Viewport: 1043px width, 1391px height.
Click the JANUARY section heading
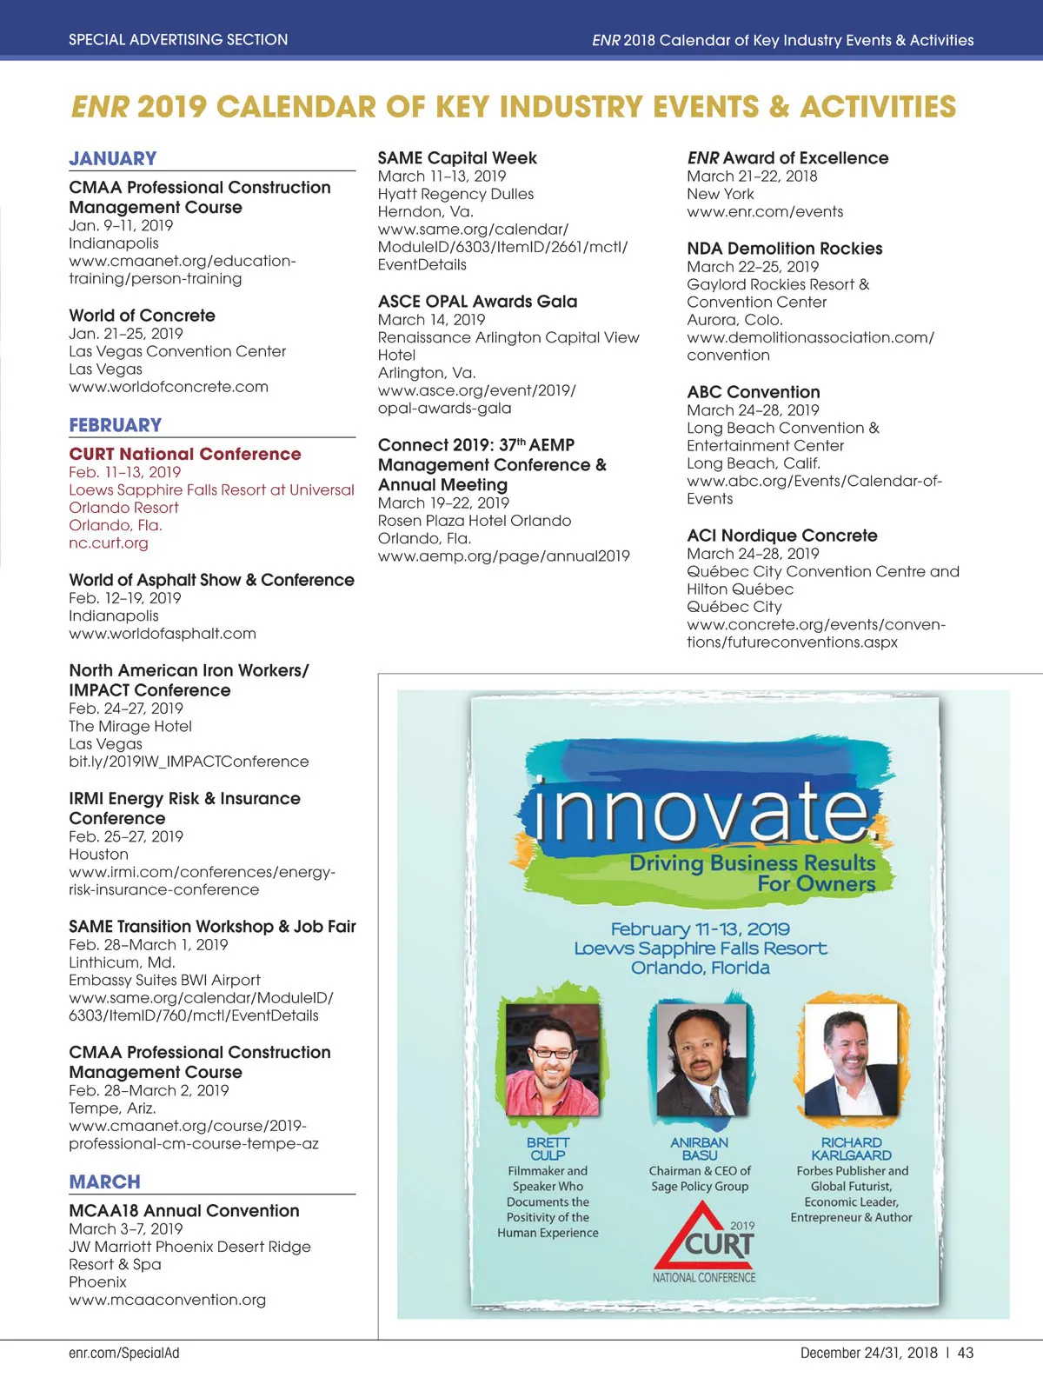coord(113,158)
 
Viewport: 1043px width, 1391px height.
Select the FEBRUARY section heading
coord(116,425)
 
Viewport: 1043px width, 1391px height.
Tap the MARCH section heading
coord(104,1182)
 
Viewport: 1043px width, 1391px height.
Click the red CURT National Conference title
coord(185,454)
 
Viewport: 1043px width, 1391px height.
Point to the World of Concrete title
coord(142,316)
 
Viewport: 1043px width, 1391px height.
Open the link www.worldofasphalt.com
coord(163,634)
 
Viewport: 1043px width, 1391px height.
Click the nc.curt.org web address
coord(109,543)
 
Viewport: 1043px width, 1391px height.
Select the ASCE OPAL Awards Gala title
coord(477,302)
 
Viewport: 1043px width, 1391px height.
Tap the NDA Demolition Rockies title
coord(784,249)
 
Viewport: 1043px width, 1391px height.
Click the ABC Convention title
coord(753,392)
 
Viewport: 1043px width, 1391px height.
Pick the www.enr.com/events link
coord(765,212)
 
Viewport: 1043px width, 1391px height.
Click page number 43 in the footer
coord(966,1353)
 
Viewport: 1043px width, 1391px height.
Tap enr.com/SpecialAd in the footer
coord(124,1353)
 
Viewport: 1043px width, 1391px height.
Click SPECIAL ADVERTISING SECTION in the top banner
coord(178,40)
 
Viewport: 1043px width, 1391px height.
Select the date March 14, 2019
coord(431,320)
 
